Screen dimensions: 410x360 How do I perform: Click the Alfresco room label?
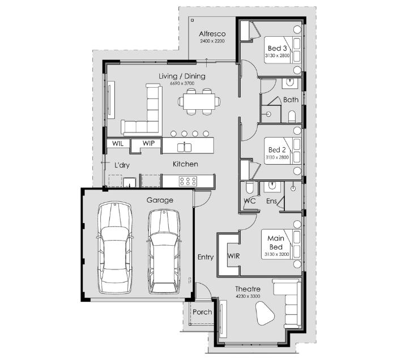pyautogui.click(x=212, y=34)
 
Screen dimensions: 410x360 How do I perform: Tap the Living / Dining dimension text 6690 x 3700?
pyautogui.click(x=182, y=83)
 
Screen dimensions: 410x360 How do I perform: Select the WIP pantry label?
pyautogui.click(x=148, y=143)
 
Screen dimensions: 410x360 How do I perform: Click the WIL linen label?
pyautogui.click(x=118, y=143)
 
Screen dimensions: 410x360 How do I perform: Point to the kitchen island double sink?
pyautogui.click(x=185, y=147)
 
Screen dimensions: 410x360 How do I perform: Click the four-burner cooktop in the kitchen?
pyautogui.click(x=188, y=181)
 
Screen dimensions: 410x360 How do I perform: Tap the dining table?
pyautogui.click(x=199, y=101)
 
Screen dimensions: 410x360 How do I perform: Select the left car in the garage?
pyautogui.click(x=114, y=247)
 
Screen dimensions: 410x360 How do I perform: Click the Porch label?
pyautogui.click(x=202, y=312)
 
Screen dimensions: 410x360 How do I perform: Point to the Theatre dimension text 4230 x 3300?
pyautogui.click(x=248, y=296)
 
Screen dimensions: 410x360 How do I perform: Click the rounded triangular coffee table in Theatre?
pyautogui.click(x=264, y=313)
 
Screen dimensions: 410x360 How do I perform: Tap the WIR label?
pyautogui.click(x=233, y=256)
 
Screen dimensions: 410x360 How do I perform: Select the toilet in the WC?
pyautogui.click(x=249, y=187)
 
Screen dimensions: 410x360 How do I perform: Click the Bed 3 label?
pyautogui.click(x=277, y=48)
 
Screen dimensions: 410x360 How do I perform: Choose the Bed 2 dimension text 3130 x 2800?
pyautogui.click(x=277, y=157)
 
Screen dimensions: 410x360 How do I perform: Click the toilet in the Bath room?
pyautogui.click(x=292, y=117)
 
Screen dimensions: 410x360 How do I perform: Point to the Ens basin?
pyautogui.click(x=272, y=186)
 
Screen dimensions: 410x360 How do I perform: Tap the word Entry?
pyautogui.click(x=206, y=257)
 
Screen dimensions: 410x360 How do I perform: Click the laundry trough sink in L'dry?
pyautogui.click(x=130, y=182)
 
